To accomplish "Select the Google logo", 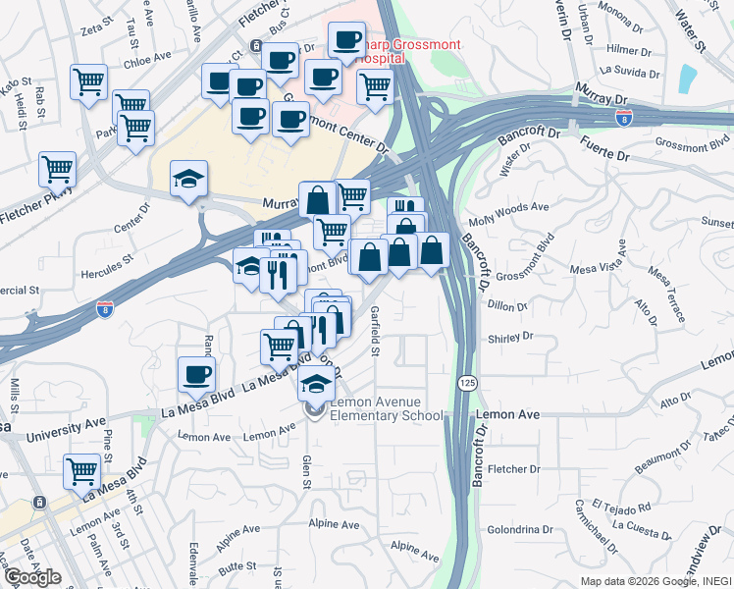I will pos(32,577).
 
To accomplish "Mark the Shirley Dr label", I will pos(509,337).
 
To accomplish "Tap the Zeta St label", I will pos(93,30).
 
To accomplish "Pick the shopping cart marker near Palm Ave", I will pos(81,470).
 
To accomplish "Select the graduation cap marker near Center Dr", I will pos(188,178).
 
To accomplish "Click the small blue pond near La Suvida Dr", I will pos(687,77).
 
